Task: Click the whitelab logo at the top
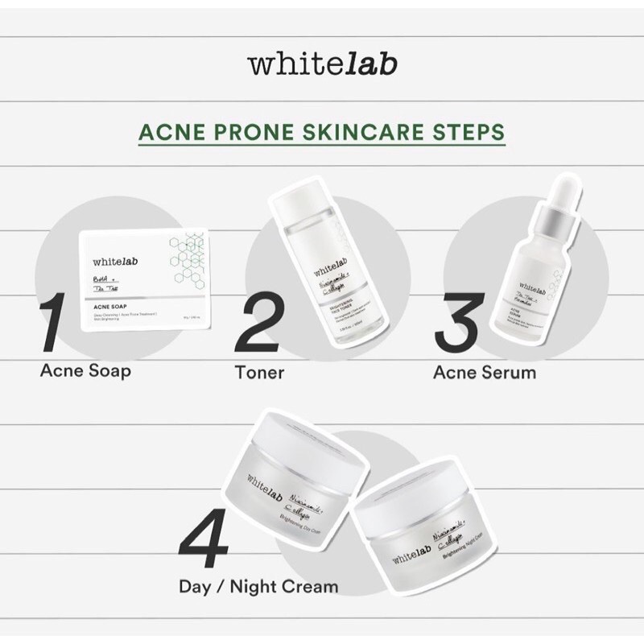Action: pyautogui.click(x=323, y=64)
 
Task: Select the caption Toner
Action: pyautogui.click(x=257, y=373)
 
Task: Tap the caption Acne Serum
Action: pyautogui.click(x=484, y=373)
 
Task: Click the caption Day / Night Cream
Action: pyautogui.click(x=258, y=586)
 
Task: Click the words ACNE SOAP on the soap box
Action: pyautogui.click(x=114, y=307)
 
